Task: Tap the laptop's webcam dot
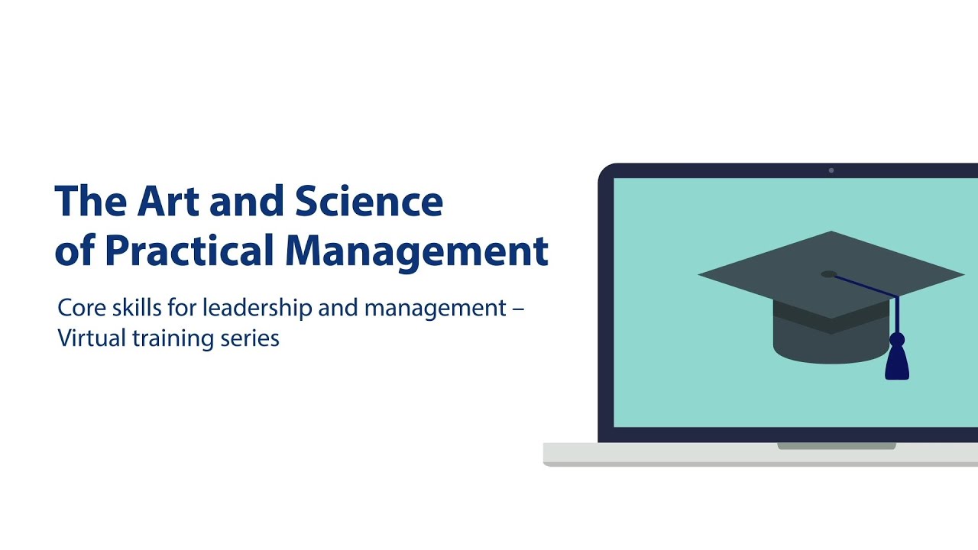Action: click(831, 170)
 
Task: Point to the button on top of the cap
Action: click(829, 273)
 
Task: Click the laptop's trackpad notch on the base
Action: click(837, 446)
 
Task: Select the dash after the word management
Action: click(518, 309)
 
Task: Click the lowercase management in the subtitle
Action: click(436, 308)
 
